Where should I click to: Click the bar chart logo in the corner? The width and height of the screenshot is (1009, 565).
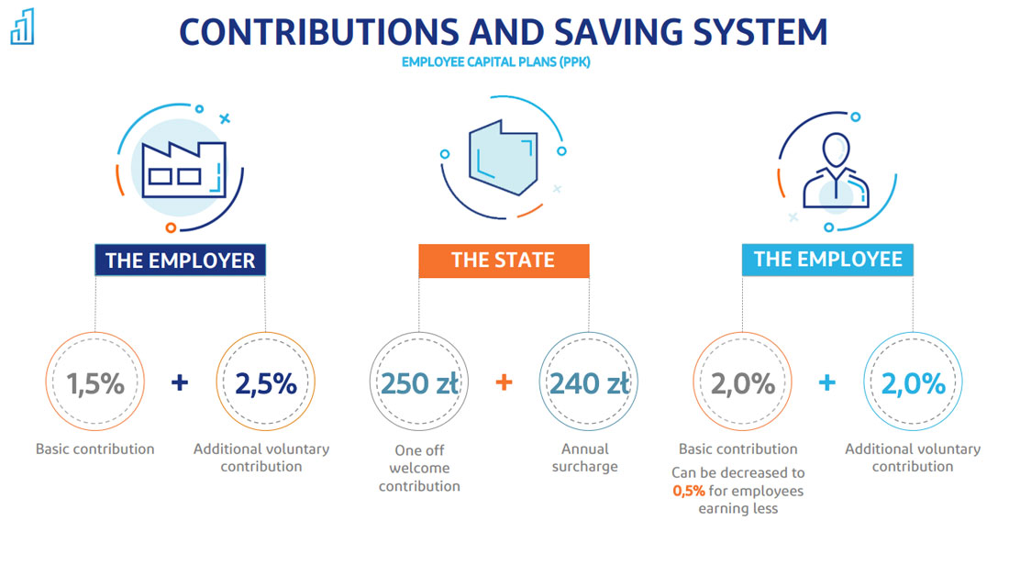pos(23,27)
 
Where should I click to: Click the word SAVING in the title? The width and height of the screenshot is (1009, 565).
pos(617,32)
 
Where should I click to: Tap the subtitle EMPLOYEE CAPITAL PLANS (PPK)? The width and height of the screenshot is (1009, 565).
pos(495,62)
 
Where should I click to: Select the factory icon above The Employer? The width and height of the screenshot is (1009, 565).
pos(183,170)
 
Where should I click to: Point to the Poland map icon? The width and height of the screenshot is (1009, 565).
pos(504,158)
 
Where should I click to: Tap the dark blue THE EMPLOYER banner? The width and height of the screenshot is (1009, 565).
pos(180,260)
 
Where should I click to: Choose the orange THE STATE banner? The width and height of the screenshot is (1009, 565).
pos(504,260)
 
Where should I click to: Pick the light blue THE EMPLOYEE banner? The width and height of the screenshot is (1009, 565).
pos(827,260)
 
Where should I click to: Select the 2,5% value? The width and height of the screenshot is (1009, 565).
pos(266,383)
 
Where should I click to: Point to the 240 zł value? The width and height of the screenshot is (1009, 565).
pos(590,383)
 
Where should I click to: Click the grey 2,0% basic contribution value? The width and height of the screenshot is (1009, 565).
pos(743,383)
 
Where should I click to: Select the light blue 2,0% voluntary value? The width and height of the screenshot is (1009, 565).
pos(913,383)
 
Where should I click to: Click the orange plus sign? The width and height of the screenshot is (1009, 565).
pos(504,382)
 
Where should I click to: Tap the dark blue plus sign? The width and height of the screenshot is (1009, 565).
pos(180,382)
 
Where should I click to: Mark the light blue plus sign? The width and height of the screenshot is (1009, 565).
pos(826,382)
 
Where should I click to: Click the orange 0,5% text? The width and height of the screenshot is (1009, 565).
pos(689,491)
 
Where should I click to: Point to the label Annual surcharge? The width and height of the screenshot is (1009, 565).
pos(585,458)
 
